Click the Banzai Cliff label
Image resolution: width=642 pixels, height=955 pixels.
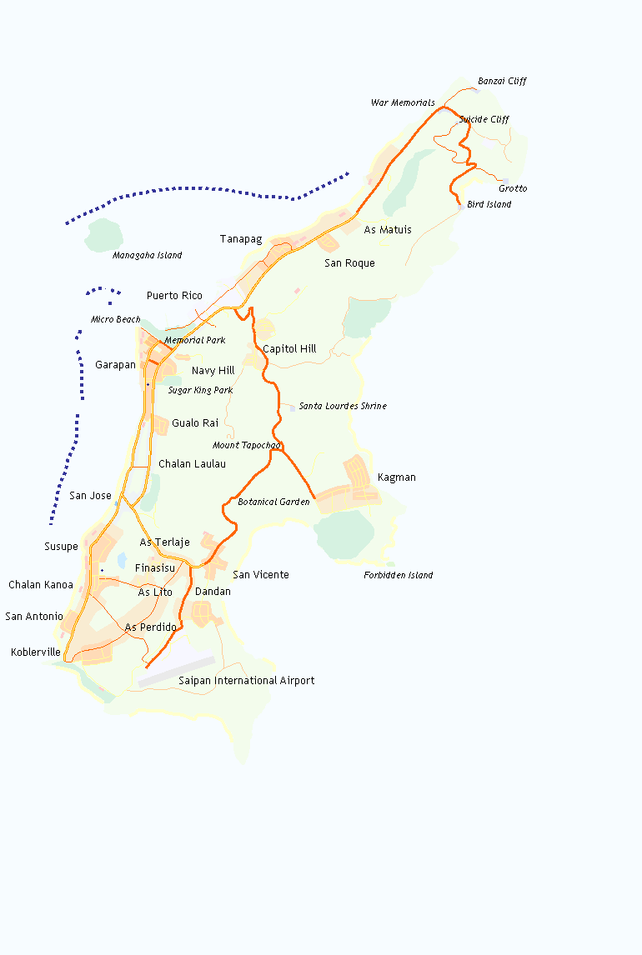point(502,82)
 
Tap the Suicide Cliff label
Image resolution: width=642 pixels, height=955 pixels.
point(484,120)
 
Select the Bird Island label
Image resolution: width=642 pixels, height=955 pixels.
point(489,205)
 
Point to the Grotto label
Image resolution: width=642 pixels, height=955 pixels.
point(513,189)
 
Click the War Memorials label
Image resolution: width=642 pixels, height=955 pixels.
point(403,103)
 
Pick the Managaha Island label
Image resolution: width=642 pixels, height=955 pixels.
point(147,256)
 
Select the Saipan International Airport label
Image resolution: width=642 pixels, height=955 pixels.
point(246,681)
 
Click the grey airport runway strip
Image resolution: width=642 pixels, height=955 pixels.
point(177,672)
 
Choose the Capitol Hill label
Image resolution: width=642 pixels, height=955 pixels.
point(289,349)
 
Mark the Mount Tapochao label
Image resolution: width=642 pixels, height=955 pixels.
point(246,446)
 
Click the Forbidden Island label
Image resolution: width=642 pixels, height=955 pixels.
point(398,576)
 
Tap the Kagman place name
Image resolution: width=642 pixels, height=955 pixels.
point(396,478)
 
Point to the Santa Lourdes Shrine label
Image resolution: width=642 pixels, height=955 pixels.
point(343,407)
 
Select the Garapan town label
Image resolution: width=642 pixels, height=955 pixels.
point(115,365)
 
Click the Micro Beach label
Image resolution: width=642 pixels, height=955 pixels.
point(115,320)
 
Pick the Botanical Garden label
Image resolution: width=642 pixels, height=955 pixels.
point(273,502)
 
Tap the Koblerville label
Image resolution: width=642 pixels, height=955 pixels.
point(36,652)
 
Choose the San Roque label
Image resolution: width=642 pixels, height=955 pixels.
point(349,263)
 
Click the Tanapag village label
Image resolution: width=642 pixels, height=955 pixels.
point(241,240)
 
